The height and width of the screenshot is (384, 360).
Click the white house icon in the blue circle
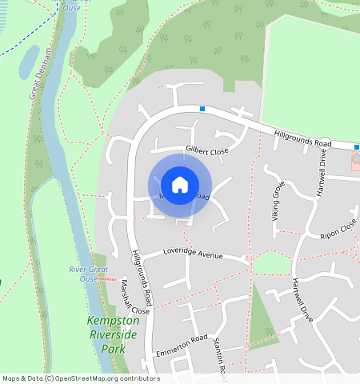pos(180,185)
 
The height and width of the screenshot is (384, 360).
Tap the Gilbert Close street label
pos(207,150)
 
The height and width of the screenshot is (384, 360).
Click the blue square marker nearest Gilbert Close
pos(202,109)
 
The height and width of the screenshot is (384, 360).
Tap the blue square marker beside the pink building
pos(357,146)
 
